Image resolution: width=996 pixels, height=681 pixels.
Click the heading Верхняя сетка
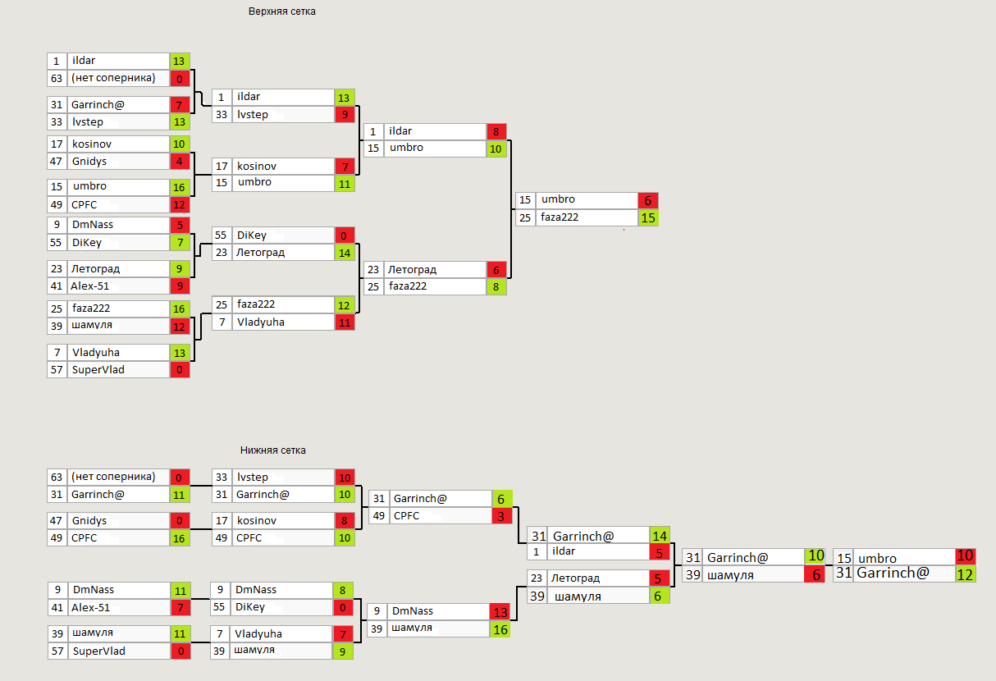click(x=281, y=11)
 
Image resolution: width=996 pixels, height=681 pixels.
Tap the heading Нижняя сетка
click(x=273, y=450)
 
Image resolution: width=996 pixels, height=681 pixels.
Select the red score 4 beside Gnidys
click(x=180, y=162)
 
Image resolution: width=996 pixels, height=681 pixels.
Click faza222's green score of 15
click(x=648, y=218)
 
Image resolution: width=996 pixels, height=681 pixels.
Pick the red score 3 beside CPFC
click(x=503, y=516)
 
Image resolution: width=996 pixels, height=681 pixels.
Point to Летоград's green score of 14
click(x=345, y=253)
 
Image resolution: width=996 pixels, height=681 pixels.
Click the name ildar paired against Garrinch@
click(x=563, y=551)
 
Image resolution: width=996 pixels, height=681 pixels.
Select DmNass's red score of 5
click(x=180, y=225)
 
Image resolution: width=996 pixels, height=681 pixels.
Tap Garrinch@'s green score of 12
click(x=965, y=574)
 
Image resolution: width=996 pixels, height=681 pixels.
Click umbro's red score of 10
click(x=965, y=557)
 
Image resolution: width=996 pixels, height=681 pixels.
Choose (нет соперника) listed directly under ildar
click(x=113, y=78)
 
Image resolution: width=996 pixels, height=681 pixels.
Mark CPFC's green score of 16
click(x=180, y=538)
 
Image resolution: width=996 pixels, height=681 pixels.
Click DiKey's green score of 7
click(x=180, y=242)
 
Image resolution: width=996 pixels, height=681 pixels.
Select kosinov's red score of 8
click(x=345, y=521)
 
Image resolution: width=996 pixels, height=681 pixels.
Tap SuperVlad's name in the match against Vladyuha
click(x=98, y=369)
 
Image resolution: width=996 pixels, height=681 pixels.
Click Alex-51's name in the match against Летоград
click(x=90, y=286)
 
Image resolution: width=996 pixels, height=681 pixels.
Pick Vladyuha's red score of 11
click(x=345, y=322)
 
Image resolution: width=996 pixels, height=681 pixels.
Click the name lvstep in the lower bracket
click(x=253, y=477)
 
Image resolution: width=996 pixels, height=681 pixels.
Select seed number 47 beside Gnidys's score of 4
click(x=57, y=162)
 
